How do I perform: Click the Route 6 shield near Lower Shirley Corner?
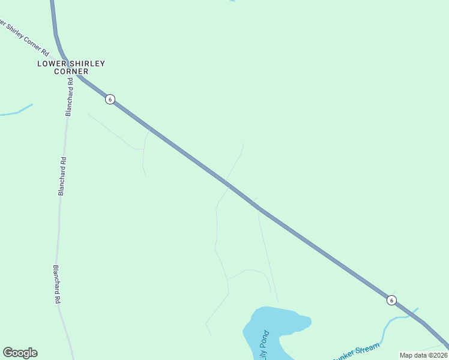click(x=109, y=99)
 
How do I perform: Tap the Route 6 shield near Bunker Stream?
click(x=391, y=300)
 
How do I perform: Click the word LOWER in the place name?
click(x=51, y=64)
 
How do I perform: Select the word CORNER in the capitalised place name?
click(x=71, y=71)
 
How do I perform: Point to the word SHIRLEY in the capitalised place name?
click(x=86, y=64)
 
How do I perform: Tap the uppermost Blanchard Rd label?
click(x=70, y=101)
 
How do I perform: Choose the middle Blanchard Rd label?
click(x=62, y=176)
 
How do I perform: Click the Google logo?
click(x=20, y=353)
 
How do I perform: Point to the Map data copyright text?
click(x=423, y=355)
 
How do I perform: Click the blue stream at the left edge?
click(x=16, y=112)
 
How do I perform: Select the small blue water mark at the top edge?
click(x=231, y=1)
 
